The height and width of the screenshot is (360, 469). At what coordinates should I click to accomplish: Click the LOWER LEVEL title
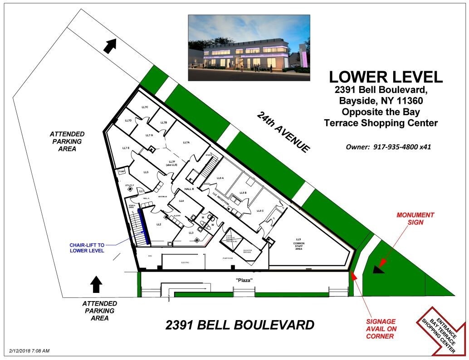(x=386, y=77)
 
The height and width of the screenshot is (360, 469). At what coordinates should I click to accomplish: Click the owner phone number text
(x=389, y=147)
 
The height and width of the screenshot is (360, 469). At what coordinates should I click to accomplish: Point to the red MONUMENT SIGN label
(x=415, y=219)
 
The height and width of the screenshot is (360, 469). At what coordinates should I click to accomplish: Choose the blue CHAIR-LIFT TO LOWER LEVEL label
(x=87, y=248)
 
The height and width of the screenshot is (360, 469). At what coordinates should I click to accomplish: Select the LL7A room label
(x=186, y=143)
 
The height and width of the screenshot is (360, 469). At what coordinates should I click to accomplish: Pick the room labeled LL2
(x=159, y=224)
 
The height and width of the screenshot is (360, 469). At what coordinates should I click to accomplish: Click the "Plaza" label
(x=244, y=280)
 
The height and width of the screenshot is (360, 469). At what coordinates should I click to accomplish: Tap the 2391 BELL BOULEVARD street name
(x=240, y=325)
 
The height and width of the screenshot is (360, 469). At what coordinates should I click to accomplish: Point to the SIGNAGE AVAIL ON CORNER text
(x=381, y=329)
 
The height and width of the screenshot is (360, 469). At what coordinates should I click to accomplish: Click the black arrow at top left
(x=109, y=45)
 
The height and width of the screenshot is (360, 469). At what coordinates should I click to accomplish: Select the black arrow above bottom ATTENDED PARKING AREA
(x=96, y=284)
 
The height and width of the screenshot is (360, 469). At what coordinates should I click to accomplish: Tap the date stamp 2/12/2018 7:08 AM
(x=29, y=351)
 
